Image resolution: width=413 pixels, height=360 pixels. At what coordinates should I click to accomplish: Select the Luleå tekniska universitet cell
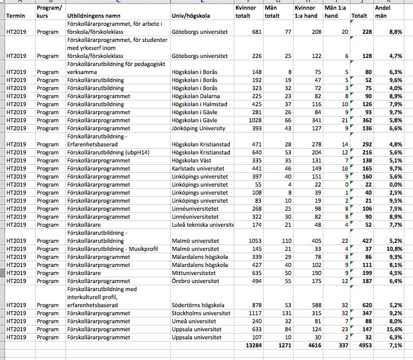203,225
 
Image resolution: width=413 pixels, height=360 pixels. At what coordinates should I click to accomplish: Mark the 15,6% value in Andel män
393,329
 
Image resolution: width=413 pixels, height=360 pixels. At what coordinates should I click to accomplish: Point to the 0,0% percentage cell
395,185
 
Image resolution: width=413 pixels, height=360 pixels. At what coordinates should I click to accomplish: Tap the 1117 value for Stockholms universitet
254,313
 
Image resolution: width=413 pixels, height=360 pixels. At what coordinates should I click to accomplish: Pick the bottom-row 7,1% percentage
395,346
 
